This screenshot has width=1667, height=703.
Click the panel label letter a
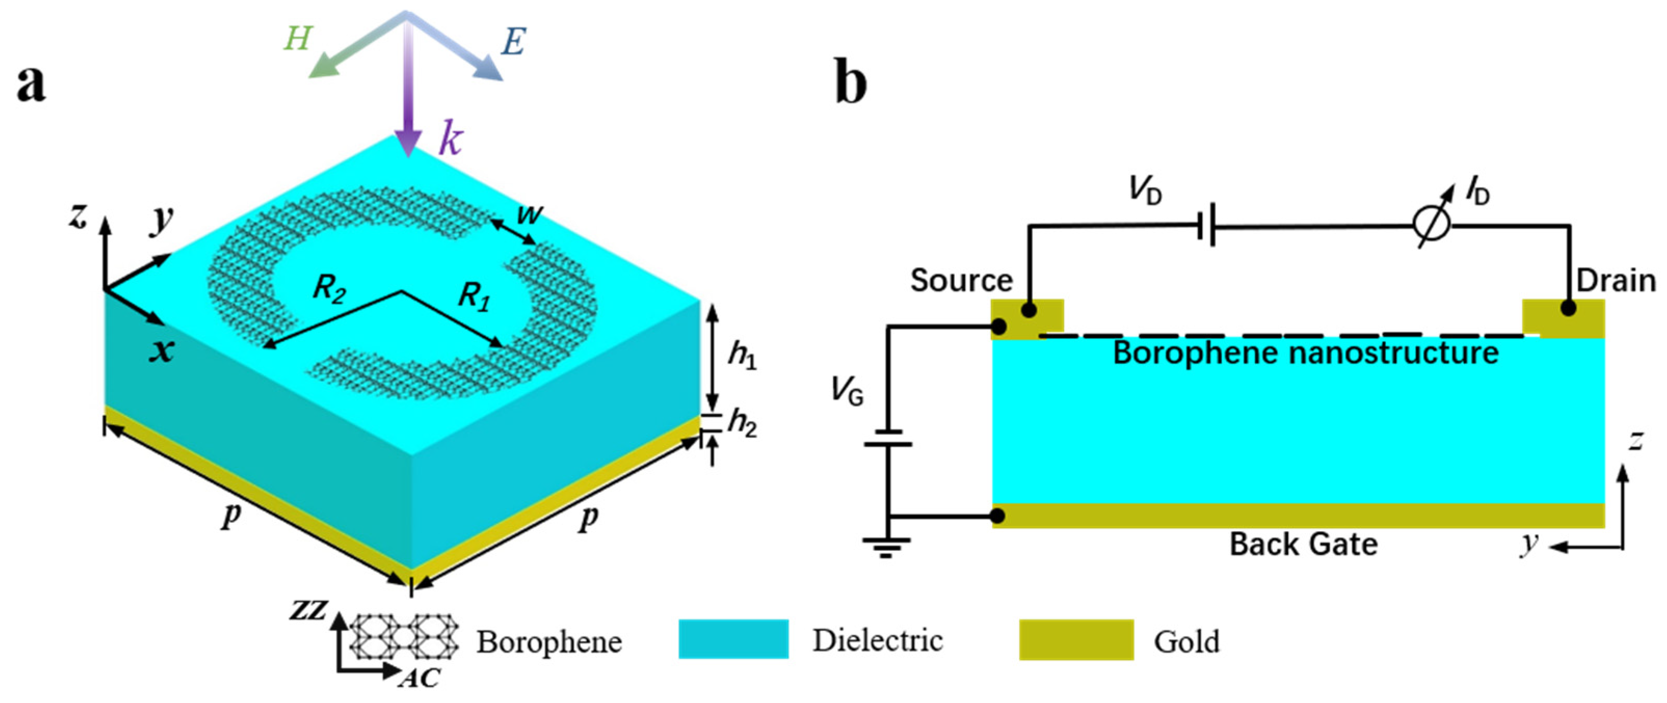click(x=31, y=85)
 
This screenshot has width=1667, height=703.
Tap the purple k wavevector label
click(x=450, y=138)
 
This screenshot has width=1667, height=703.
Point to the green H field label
click(x=297, y=39)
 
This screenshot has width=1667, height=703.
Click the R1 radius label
click(x=474, y=298)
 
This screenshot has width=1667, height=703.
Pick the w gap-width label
click(x=529, y=213)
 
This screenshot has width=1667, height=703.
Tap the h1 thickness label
click(x=741, y=355)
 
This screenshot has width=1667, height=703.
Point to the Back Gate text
click(x=1303, y=545)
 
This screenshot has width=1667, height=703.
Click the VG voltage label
click(x=847, y=391)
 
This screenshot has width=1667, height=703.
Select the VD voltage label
click(x=1145, y=190)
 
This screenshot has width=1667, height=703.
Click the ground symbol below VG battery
click(x=886, y=547)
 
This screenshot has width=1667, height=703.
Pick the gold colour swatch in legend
click(x=1076, y=640)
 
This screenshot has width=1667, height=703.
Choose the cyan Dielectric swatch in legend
click(x=733, y=640)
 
